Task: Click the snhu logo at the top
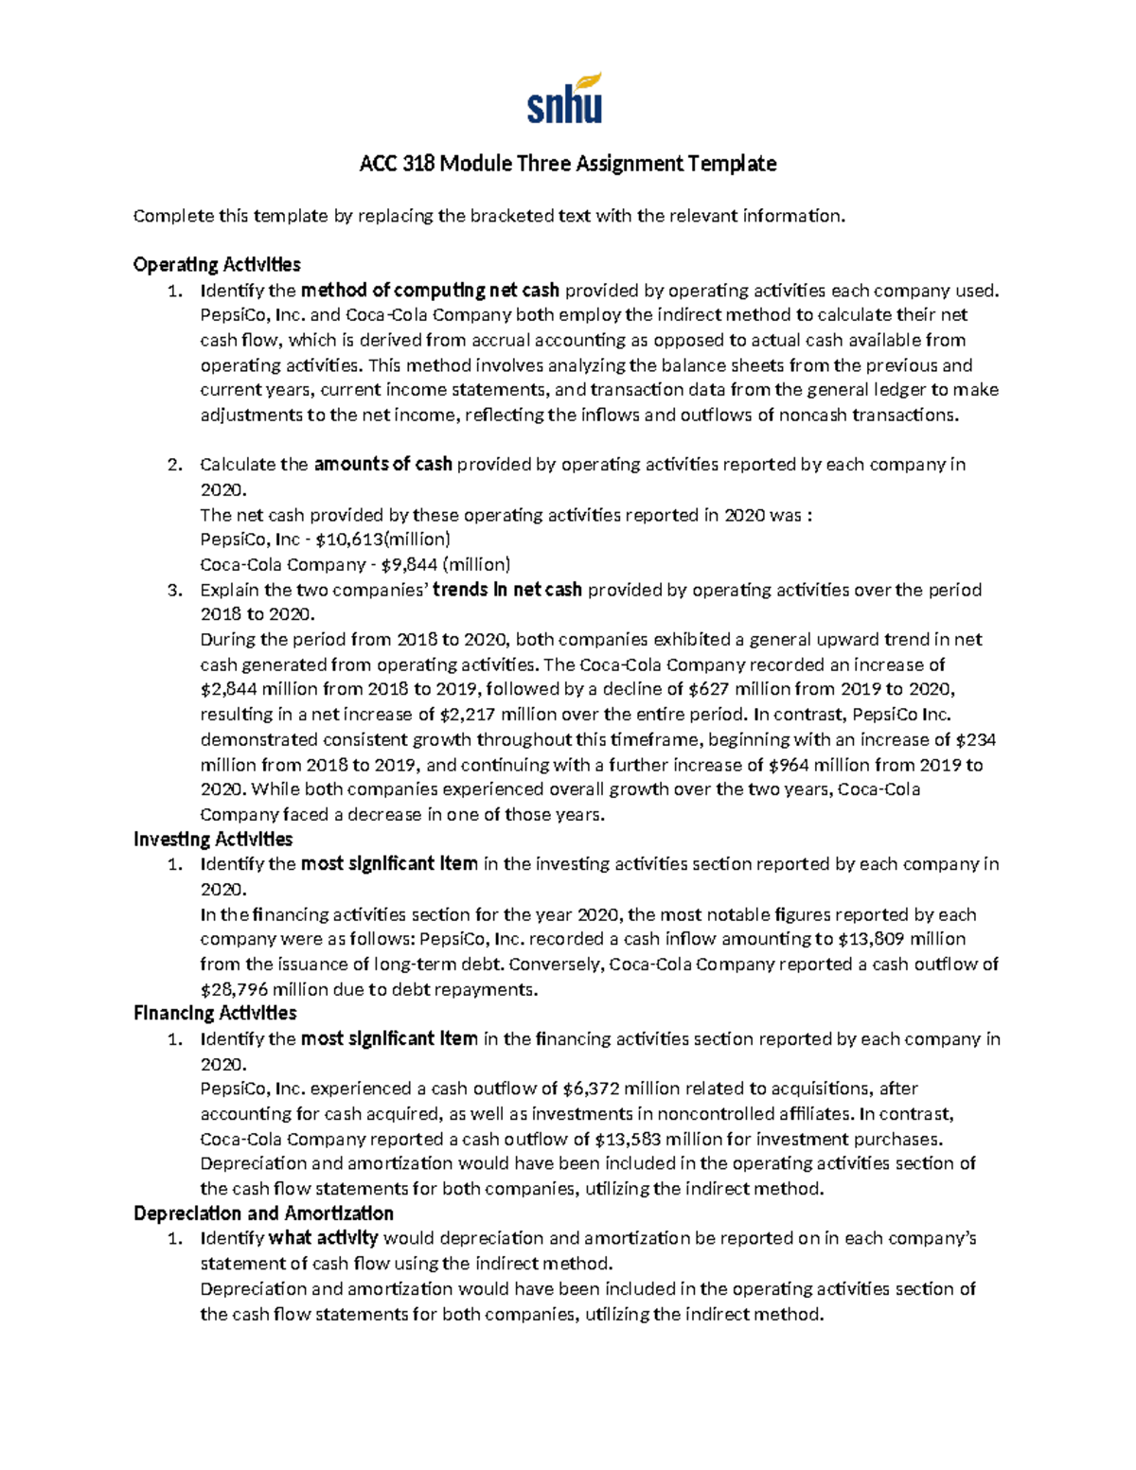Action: (x=564, y=98)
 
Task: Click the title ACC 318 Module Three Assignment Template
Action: (x=567, y=164)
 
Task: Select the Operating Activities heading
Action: (x=217, y=264)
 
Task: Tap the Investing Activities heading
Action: (x=213, y=839)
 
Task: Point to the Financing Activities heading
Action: (x=215, y=1013)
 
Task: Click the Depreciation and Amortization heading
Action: (x=263, y=1213)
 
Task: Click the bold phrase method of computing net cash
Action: (x=430, y=290)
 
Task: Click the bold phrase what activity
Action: (x=324, y=1238)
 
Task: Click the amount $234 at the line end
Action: (x=976, y=739)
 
